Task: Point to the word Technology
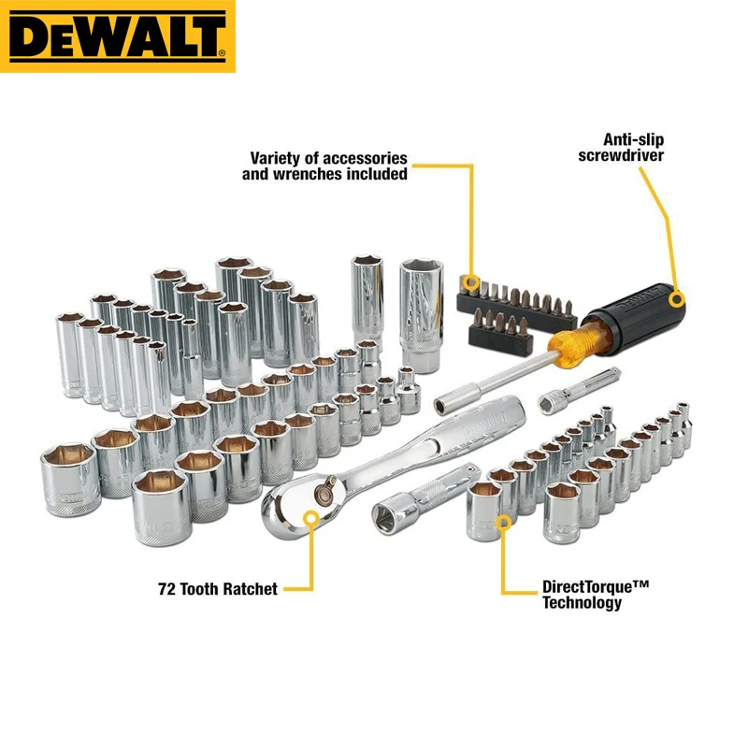(582, 603)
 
